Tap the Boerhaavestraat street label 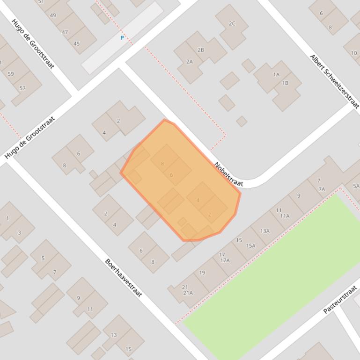(x=123, y=278)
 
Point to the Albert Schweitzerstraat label (x=334, y=81)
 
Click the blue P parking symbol (x=122, y=38)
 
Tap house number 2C (x=232, y=23)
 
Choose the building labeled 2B (x=201, y=50)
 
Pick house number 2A (x=189, y=62)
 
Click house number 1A (x=276, y=74)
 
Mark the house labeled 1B (x=285, y=83)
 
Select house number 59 (x=11, y=74)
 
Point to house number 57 (x=22, y=88)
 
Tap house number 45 (x=76, y=44)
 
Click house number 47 (x=65, y=32)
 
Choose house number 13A (x=265, y=231)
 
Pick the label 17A (x=225, y=260)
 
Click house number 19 (x=202, y=273)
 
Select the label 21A (x=188, y=293)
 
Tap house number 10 (x=353, y=53)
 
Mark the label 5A (x=356, y=186)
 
